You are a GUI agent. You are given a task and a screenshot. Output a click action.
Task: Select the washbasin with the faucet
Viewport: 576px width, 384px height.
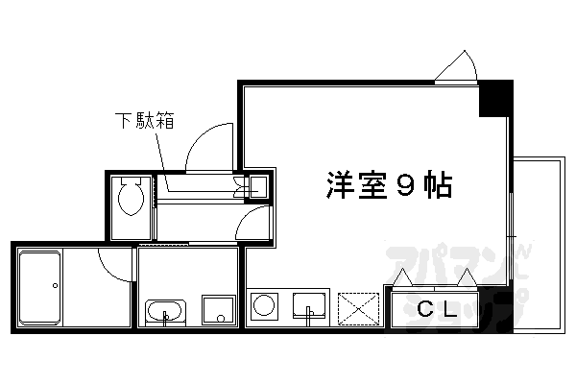click(167, 312)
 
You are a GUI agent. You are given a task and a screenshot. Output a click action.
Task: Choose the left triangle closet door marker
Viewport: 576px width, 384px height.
click(405, 278)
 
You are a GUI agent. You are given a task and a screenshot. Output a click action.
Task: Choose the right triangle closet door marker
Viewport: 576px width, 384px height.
click(468, 277)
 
